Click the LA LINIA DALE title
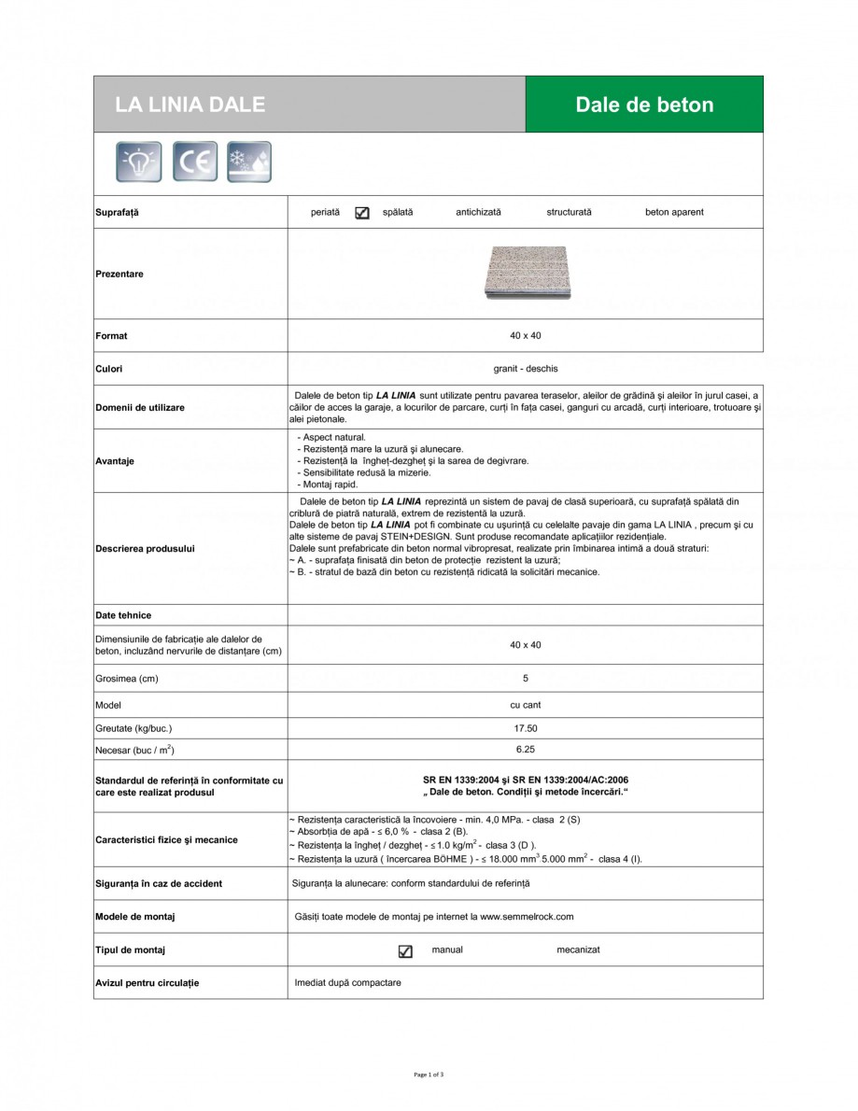coord(190,105)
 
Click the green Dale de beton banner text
coord(644,105)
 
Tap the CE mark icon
coord(194,162)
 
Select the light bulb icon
coord(138,162)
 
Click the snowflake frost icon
coord(249,162)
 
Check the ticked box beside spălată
coord(362,213)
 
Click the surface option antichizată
coord(478,212)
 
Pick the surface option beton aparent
coord(674,212)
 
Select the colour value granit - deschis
coord(525,369)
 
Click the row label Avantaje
coord(115,461)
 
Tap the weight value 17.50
coord(525,728)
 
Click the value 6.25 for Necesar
coord(525,749)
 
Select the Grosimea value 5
coord(525,679)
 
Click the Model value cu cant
coord(525,705)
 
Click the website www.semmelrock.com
coord(527,917)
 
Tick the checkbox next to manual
coord(405,951)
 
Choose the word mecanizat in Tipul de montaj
coord(578,949)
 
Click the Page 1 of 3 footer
coord(429,1075)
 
